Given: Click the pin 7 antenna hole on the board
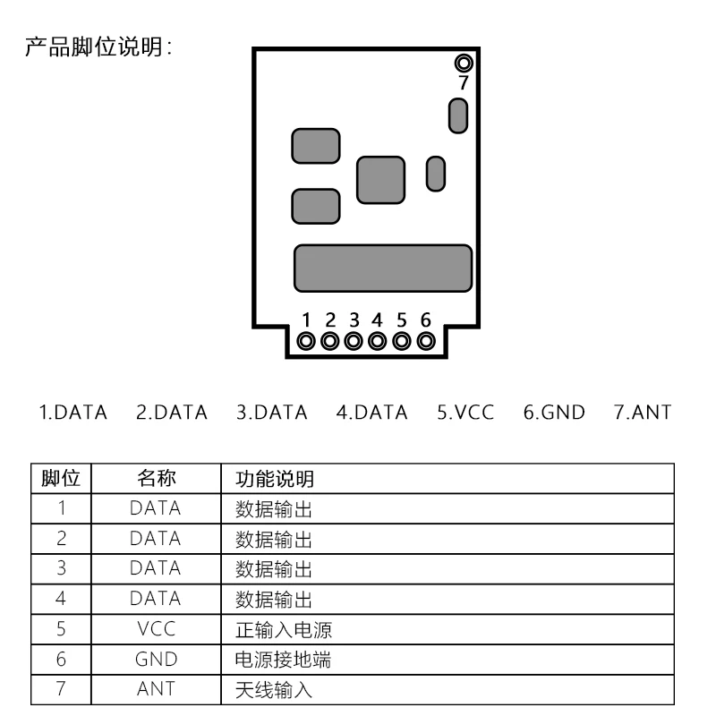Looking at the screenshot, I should pyautogui.click(x=463, y=63).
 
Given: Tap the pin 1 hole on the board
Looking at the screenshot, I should pyautogui.click(x=306, y=341).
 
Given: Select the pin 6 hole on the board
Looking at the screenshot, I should pyautogui.click(x=426, y=341).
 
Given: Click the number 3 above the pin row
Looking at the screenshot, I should pyautogui.click(x=354, y=320).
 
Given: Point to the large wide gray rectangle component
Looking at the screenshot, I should pyautogui.click(x=383, y=268).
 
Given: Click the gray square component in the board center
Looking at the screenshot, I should pyautogui.click(x=380, y=179).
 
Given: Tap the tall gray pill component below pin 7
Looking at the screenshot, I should pyautogui.click(x=458, y=115).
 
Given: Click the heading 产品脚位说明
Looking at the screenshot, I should pyautogui.click(x=98, y=47).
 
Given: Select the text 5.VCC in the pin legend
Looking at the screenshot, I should pyautogui.click(x=465, y=413).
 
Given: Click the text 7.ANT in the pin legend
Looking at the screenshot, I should pyautogui.click(x=643, y=413).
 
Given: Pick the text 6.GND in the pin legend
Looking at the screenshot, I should pyautogui.click(x=554, y=413).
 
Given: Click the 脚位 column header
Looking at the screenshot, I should pyautogui.click(x=62, y=479).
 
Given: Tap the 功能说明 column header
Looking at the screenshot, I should pyautogui.click(x=275, y=479).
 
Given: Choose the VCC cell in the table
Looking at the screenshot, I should pyautogui.click(x=156, y=629).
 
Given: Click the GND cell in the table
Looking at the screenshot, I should pyautogui.click(x=156, y=660).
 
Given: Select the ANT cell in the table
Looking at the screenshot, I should pyautogui.click(x=156, y=689).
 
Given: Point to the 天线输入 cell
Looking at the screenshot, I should pyautogui.click(x=274, y=689).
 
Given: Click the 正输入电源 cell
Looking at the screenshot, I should pyautogui.click(x=285, y=629).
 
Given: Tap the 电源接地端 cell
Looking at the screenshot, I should pyautogui.click(x=285, y=660).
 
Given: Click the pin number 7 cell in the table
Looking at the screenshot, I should pyautogui.click(x=62, y=689).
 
